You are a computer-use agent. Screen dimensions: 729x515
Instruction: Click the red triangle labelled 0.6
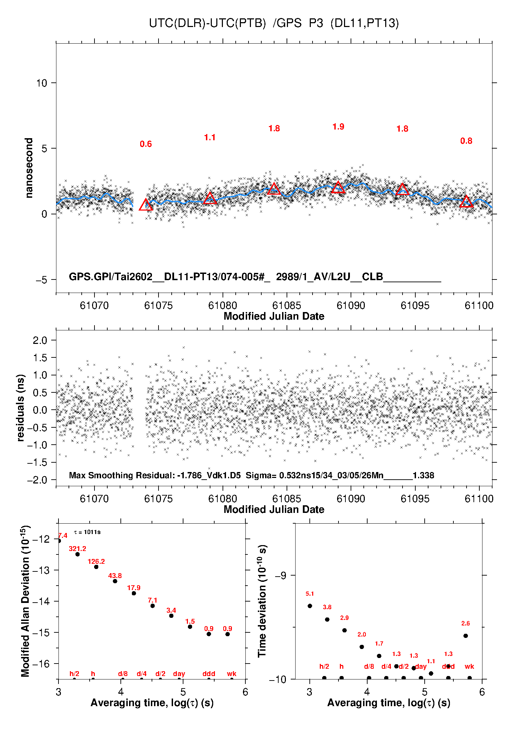click(146, 205)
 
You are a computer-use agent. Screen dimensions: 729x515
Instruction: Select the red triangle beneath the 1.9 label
click(338, 188)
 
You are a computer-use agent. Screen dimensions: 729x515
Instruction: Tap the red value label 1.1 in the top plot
click(210, 137)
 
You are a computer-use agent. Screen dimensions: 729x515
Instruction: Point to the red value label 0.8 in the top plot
click(466, 141)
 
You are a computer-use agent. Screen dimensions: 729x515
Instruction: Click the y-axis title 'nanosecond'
click(29, 168)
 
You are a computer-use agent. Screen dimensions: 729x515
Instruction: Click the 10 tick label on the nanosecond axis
click(42, 83)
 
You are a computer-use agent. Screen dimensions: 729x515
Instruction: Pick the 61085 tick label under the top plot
click(287, 305)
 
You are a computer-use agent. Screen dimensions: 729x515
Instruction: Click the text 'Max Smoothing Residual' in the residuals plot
click(121, 475)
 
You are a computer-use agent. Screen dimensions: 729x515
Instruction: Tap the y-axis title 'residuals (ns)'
click(21, 408)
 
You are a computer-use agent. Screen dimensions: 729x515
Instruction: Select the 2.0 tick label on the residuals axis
click(40, 340)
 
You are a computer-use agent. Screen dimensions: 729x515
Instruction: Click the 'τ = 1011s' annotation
click(87, 532)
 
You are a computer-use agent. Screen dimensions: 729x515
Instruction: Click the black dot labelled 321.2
click(78, 554)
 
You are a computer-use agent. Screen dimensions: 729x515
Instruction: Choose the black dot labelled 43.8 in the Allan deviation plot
click(115, 581)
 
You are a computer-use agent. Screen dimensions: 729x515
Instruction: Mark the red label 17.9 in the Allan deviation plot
click(134, 588)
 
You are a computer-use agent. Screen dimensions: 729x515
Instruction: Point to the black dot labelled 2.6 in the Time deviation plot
click(466, 635)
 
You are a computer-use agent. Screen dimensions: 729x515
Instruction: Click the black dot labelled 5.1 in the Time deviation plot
click(310, 606)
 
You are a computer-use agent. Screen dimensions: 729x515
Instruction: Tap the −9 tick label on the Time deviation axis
click(280, 575)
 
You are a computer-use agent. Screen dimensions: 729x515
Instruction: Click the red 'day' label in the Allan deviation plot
click(179, 674)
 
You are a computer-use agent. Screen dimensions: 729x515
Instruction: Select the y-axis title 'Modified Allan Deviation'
click(25, 601)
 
